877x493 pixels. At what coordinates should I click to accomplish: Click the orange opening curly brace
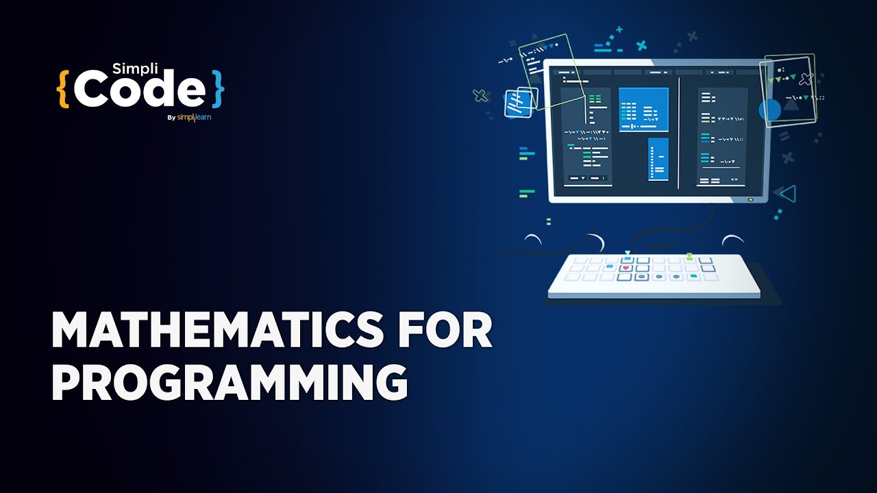click(x=63, y=88)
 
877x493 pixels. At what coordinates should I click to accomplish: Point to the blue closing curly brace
click(x=217, y=88)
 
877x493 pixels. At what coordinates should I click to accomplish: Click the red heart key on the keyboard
click(x=626, y=268)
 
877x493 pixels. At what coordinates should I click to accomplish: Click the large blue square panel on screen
click(x=643, y=109)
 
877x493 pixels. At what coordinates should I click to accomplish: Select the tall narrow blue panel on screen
click(x=658, y=159)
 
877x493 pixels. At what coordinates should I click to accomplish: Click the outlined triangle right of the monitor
click(x=788, y=194)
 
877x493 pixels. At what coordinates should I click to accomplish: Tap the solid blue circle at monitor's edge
click(x=770, y=110)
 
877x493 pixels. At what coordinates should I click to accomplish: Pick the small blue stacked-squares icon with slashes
click(x=515, y=103)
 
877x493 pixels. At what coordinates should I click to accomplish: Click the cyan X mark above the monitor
click(x=641, y=46)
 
